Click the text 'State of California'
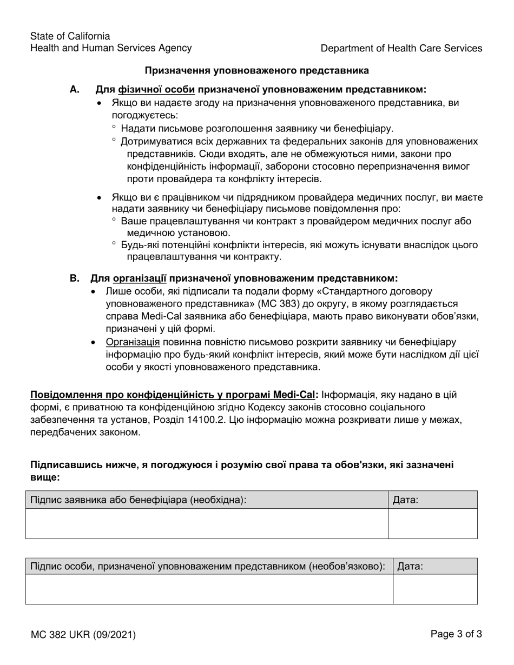pyautogui.click(x=70, y=36)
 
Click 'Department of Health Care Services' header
pyautogui.click(x=401, y=48)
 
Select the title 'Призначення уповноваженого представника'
pyautogui.click(x=256, y=70)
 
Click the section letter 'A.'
pyautogui.click(x=75, y=90)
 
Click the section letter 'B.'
pyautogui.click(x=75, y=278)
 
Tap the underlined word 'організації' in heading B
pyautogui.click(x=140, y=278)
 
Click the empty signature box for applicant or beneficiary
pyautogui.click(x=207, y=523)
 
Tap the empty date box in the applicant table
pyautogui.click(x=433, y=523)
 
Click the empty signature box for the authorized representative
pyautogui.click(x=209, y=589)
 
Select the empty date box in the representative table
pyautogui.click(x=435, y=589)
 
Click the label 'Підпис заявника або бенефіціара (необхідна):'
pyautogui.click(x=139, y=500)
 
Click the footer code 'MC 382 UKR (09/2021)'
pyautogui.click(x=83, y=635)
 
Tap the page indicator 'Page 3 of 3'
pyautogui.click(x=456, y=634)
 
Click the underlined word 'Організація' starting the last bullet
pyautogui.click(x=133, y=342)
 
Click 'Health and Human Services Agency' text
pyautogui.click(x=111, y=48)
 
